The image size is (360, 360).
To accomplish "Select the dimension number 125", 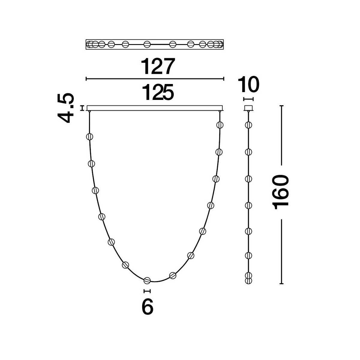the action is click(158, 92).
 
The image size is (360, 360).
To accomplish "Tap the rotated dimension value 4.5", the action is click(66, 108).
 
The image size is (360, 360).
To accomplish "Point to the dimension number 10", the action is click(248, 84).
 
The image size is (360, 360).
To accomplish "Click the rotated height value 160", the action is click(280, 192).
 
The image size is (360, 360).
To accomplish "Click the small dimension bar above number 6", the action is click(147, 291).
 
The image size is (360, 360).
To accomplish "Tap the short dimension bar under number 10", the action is click(248, 99).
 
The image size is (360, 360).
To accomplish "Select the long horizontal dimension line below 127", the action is click(155, 79).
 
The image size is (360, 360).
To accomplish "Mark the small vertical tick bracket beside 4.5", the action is click(82, 108).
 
